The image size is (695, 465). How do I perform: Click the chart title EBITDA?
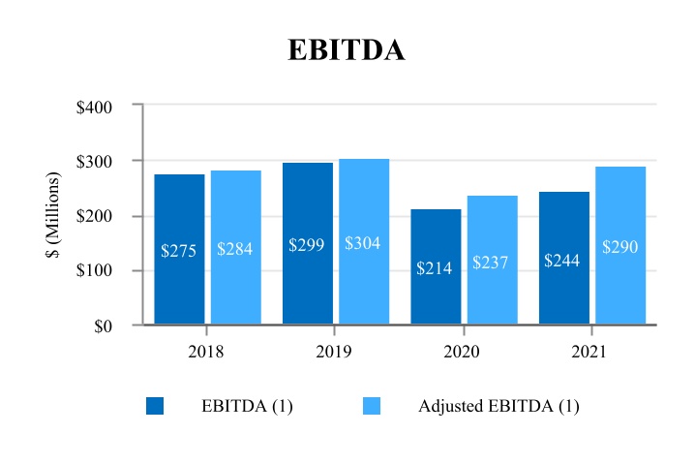point(347,50)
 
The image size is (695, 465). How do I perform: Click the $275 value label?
point(179,251)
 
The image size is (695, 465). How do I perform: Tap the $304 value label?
point(363,243)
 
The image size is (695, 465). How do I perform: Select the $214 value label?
point(435,268)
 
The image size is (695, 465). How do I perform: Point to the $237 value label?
point(491,263)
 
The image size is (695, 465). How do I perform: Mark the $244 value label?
point(562,261)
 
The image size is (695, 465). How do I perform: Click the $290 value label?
point(619,247)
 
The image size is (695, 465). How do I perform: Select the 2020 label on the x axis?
point(462,352)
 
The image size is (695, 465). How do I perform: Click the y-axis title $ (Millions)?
point(55,215)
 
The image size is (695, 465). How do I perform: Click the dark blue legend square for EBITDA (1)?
point(155,406)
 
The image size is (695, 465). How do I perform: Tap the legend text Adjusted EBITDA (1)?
point(499,406)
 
